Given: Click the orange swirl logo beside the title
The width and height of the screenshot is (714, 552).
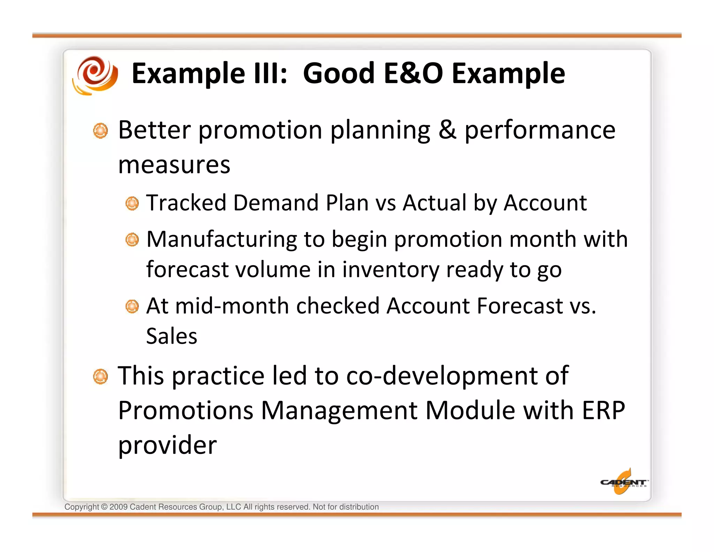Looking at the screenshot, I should tap(95, 75).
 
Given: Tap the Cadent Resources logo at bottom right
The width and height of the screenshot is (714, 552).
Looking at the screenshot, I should tap(623, 482).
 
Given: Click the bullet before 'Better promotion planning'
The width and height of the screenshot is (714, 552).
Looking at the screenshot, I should tap(100, 131).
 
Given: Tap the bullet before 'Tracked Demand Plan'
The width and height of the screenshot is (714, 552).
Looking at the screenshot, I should tap(132, 203).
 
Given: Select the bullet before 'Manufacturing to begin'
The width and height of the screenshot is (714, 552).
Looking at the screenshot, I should tap(132, 240).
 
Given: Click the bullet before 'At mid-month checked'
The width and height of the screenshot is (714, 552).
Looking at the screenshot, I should tap(132, 307).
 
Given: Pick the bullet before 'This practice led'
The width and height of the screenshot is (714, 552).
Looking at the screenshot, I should tap(100, 376).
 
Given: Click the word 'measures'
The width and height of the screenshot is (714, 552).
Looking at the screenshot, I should tap(174, 165).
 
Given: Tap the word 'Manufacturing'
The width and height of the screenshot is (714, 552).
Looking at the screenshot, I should tap(221, 239).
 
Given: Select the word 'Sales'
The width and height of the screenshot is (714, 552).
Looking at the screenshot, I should tap(172, 336).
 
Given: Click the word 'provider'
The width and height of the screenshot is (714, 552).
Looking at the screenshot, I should tap(167, 446).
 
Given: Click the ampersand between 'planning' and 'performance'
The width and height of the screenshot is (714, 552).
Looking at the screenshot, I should tap(447, 130).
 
